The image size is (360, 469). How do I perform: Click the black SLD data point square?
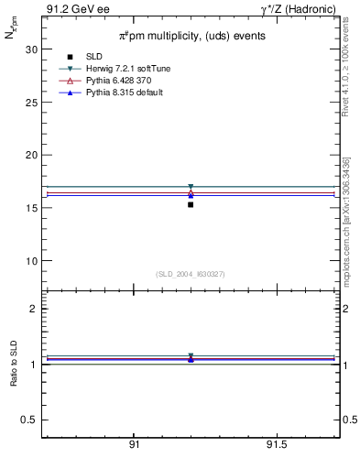click(x=191, y=204)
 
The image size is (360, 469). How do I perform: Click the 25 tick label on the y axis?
click(x=30, y=103)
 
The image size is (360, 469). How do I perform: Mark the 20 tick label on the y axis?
click(x=30, y=155)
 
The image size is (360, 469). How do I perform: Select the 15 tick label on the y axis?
click(x=30, y=208)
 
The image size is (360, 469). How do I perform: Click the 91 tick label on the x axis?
click(x=134, y=445)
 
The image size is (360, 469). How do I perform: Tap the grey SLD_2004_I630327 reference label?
click(x=190, y=274)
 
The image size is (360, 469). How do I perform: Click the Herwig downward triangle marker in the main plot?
click(x=191, y=187)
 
